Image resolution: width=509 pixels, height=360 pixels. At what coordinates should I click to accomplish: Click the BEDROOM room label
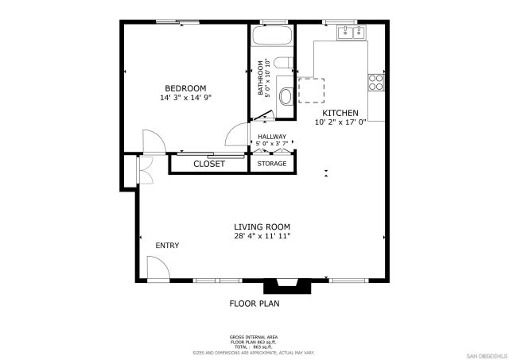point(185,88)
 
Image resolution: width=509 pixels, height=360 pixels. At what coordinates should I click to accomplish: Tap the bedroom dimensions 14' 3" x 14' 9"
point(185,98)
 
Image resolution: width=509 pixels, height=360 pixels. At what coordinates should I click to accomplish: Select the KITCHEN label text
point(340,113)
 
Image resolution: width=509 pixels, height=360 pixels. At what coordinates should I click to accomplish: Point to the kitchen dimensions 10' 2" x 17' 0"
point(340,122)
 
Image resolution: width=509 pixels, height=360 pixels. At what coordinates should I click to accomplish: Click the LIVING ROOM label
point(262,226)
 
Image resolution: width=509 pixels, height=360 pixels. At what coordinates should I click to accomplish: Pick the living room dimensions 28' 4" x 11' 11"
point(262,236)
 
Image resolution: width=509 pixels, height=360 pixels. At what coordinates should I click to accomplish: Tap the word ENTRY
point(167,246)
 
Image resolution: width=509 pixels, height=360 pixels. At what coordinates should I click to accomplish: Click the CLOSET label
point(209,165)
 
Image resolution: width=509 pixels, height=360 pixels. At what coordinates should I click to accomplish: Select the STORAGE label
point(272,165)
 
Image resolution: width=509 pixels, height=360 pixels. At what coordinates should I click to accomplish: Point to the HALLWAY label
point(271,137)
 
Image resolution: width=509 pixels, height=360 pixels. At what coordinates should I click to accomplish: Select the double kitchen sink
point(350,33)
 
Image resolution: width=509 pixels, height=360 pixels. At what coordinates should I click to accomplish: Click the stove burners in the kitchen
point(376,81)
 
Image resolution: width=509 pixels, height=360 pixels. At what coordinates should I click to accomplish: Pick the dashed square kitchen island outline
point(313,90)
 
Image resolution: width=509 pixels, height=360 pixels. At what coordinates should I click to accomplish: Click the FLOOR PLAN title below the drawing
point(254,303)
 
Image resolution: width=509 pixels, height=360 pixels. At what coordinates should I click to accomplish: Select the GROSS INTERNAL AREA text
point(254,337)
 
